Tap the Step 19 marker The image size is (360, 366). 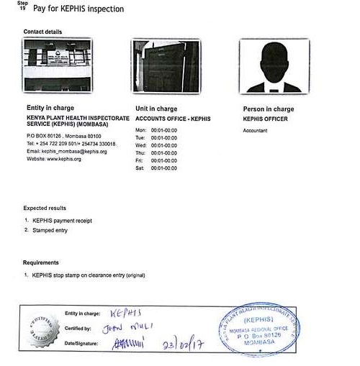(x=22, y=8)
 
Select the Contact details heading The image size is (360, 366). (x=42, y=32)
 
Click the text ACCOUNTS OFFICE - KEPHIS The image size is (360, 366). (x=173, y=118)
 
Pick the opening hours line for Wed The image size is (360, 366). (x=156, y=145)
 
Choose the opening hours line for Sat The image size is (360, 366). (x=156, y=168)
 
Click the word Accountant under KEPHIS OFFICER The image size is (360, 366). (x=256, y=130)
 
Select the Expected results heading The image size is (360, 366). (x=46, y=208)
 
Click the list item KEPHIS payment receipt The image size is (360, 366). (x=61, y=220)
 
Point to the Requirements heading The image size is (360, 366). (x=41, y=262)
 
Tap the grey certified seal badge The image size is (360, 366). (x=43, y=331)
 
